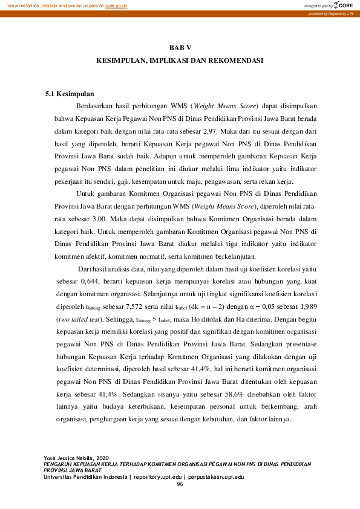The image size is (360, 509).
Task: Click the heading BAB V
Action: click(180, 47)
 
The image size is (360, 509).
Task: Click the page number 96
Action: click(180, 485)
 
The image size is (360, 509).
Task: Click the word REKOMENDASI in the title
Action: click(235, 62)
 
